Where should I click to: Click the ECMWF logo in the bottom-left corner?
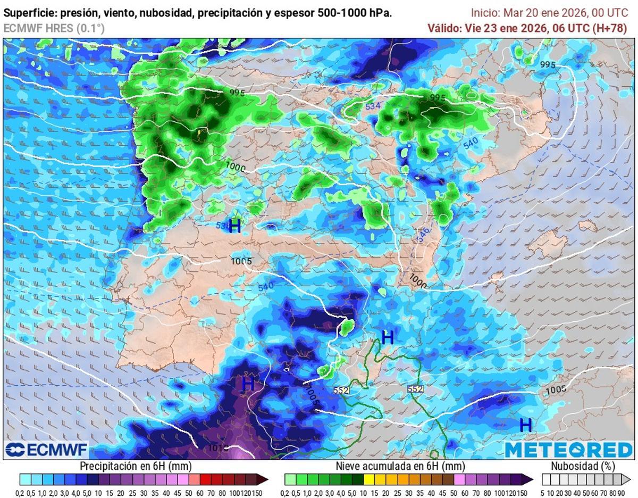(46, 450)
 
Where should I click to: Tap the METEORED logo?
(568, 450)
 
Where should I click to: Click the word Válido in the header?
(444, 28)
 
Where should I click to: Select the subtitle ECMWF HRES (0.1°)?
(54, 28)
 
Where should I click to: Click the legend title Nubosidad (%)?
(583, 467)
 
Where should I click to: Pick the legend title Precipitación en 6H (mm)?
(136, 467)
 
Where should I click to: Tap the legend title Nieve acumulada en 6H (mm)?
(400, 467)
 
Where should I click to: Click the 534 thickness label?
(373, 106)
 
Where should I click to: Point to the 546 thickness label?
(423, 235)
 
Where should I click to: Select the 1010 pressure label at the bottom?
(218, 448)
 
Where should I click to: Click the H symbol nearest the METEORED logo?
(525, 425)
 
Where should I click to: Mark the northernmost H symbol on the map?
(234, 226)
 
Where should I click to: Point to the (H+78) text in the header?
(609, 28)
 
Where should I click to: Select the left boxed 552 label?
(341, 390)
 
